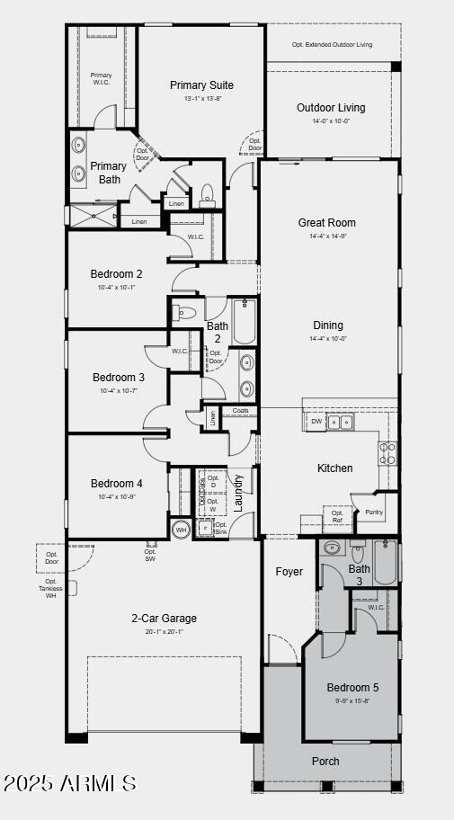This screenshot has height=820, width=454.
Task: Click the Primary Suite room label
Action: [201, 85]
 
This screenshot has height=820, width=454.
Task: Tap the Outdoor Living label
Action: [331, 108]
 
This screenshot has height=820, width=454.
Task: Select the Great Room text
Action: [327, 222]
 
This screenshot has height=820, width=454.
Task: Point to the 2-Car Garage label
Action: [164, 618]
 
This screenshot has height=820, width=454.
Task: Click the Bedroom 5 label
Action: [352, 688]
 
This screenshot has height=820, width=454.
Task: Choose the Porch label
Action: [325, 762]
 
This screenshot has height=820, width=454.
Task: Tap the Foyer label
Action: [289, 572]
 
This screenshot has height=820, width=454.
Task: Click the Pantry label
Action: [374, 512]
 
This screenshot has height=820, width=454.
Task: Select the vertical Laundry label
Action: [239, 493]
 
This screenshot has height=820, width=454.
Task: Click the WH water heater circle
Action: [181, 530]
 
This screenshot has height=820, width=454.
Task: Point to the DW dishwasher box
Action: [316, 421]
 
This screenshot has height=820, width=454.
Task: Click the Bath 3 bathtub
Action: [386, 562]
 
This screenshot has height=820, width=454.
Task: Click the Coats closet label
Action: [240, 411]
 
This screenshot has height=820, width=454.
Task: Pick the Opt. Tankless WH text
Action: [51, 589]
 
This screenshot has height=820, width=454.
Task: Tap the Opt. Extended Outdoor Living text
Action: [334, 44]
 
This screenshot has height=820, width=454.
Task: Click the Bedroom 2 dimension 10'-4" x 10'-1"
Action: [117, 288]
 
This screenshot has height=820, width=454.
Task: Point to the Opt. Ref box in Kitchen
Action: [337, 516]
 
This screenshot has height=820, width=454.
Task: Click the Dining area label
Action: [327, 325]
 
